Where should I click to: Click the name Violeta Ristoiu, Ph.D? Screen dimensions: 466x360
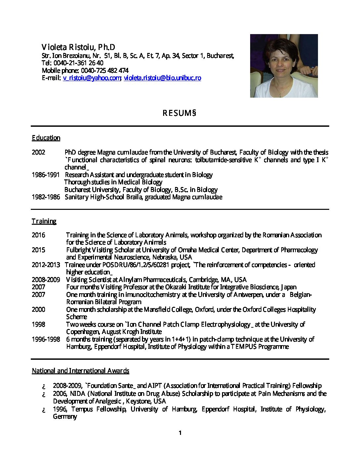pos(78,47)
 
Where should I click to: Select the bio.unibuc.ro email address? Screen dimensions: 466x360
pos(162,78)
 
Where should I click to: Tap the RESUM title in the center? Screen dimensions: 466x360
pos(179,113)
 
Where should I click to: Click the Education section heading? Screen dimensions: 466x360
pos(46,138)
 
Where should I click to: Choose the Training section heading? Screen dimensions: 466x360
pos(44,221)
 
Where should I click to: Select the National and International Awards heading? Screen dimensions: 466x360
pos(80,371)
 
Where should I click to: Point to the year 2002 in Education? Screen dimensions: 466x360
pos(38,152)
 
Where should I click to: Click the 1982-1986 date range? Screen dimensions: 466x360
pos(46,197)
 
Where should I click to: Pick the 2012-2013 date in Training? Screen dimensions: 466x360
pos(46,265)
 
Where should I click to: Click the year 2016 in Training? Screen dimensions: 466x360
pos(38,235)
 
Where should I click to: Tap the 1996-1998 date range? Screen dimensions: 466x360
pos(46,339)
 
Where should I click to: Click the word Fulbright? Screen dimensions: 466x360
pos(78,250)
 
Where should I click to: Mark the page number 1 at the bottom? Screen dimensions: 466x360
pos(180,433)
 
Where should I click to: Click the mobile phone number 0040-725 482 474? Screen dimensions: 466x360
pos(105,70)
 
